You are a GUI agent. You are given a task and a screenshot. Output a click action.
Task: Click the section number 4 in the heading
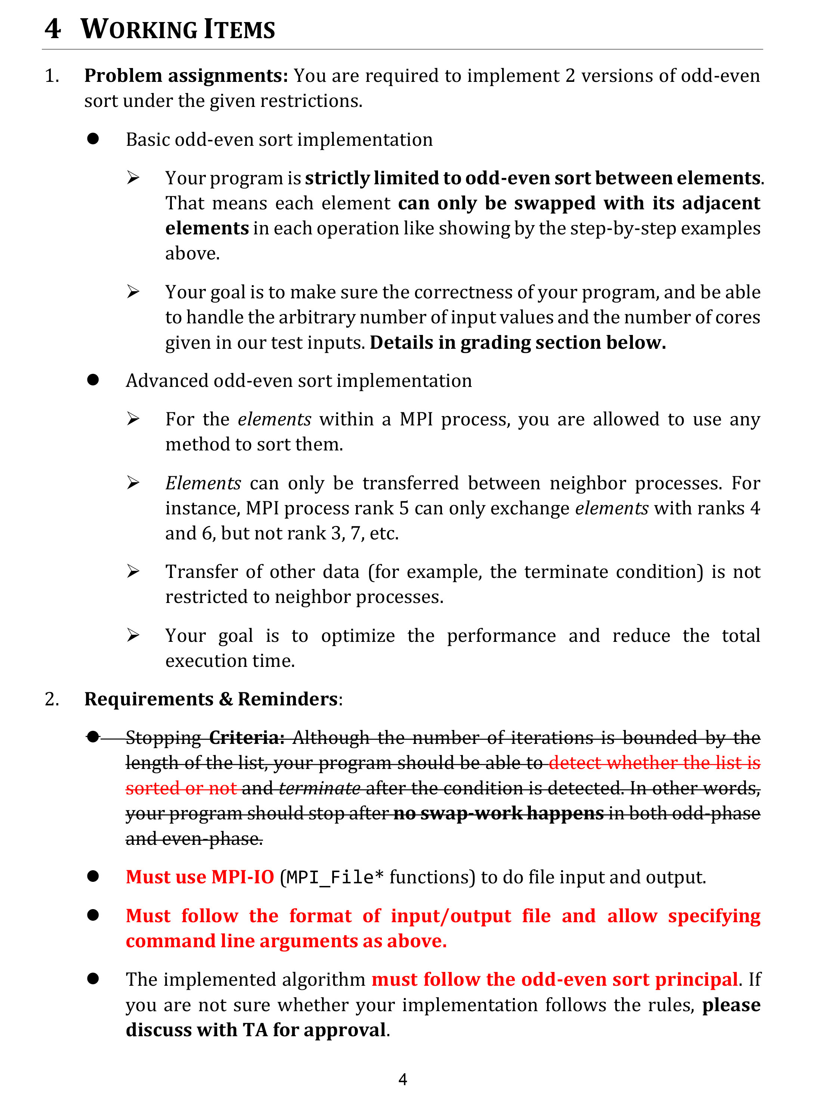click(x=52, y=28)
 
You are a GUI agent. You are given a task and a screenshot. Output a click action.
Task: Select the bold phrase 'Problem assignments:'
click(x=186, y=76)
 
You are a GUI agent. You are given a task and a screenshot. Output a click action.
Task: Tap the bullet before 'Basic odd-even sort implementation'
click(x=93, y=139)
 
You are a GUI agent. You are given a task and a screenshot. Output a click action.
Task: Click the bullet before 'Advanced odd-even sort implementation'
click(x=93, y=380)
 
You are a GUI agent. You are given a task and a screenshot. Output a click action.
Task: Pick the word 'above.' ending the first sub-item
click(x=192, y=253)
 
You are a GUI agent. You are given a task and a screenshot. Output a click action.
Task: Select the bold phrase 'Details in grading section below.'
click(x=517, y=343)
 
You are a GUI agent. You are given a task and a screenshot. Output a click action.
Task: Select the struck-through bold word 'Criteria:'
click(x=247, y=737)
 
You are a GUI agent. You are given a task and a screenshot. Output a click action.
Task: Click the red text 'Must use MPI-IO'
click(x=199, y=877)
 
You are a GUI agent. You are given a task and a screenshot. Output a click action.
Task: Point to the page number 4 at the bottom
click(x=403, y=1079)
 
